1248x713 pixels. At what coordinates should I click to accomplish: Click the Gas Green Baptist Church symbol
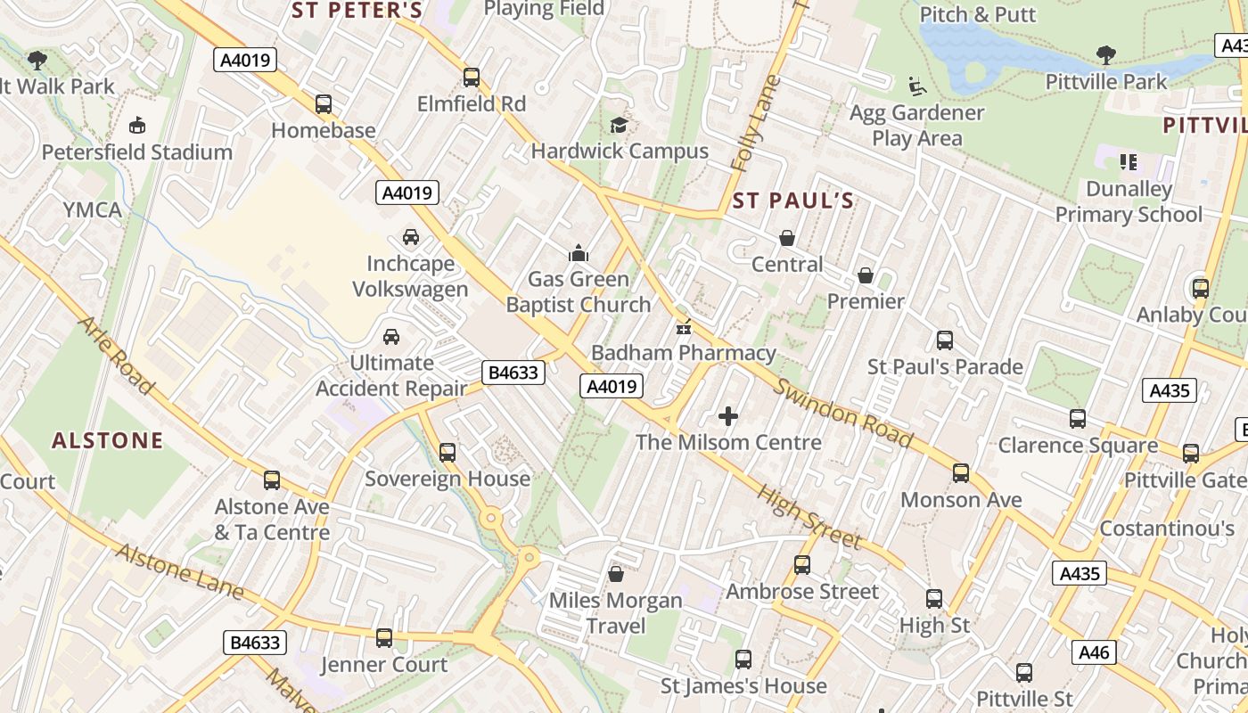point(579,253)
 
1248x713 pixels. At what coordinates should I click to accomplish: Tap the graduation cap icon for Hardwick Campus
point(619,125)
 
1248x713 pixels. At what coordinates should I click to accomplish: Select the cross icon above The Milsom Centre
point(728,416)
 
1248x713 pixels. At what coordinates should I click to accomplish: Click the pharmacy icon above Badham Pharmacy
point(684,326)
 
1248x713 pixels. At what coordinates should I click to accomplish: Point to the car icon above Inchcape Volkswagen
point(410,237)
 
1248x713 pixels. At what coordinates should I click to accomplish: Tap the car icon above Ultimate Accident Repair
point(390,337)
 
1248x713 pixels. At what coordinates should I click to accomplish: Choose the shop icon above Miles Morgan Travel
point(615,574)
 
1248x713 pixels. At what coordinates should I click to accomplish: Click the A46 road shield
point(1094,652)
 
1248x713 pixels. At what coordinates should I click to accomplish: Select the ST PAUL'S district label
point(792,201)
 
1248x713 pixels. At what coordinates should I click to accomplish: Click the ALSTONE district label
point(108,440)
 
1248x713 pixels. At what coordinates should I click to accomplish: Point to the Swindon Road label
point(843,414)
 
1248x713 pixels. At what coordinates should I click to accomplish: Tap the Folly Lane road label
point(754,123)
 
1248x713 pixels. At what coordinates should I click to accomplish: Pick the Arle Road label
point(115,355)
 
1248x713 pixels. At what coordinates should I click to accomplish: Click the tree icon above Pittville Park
point(1106,55)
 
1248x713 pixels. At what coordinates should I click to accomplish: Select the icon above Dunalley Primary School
point(1129,162)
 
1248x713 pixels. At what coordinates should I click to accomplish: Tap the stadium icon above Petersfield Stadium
point(137,125)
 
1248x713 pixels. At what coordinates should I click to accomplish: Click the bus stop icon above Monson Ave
point(961,473)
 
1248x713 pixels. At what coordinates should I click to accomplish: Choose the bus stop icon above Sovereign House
point(447,453)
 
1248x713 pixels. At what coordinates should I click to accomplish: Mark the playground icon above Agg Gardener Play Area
point(916,86)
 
